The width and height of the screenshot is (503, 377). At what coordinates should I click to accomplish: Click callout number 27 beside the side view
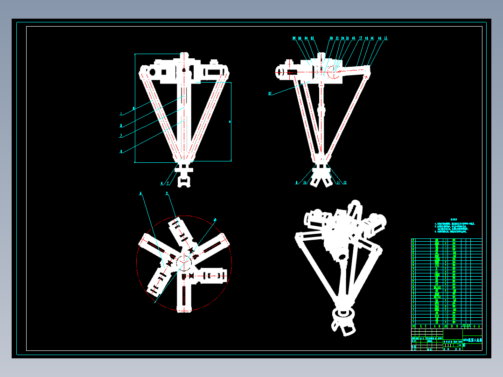click(x=270, y=93)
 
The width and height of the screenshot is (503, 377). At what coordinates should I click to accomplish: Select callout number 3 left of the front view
click(x=121, y=136)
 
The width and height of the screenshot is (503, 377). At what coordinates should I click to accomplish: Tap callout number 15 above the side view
click(x=386, y=38)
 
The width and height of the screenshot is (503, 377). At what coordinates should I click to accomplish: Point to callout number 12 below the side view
click(x=345, y=182)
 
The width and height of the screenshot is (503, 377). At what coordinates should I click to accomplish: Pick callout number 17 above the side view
click(x=361, y=38)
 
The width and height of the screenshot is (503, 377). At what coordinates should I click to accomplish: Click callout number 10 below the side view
click(x=305, y=183)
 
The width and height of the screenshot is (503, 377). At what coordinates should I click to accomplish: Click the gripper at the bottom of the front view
click(x=185, y=179)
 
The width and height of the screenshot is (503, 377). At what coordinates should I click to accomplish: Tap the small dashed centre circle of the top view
click(x=184, y=261)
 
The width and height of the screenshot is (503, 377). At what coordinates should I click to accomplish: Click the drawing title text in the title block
click(x=472, y=341)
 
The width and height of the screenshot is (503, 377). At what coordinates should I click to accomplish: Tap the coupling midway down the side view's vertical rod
click(x=321, y=112)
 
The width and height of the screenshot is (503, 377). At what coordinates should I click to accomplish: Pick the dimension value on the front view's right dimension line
click(x=230, y=122)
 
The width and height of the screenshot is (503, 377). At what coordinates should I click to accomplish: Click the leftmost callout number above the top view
click(x=140, y=193)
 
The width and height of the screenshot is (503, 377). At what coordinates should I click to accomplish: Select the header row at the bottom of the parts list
click(x=446, y=326)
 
